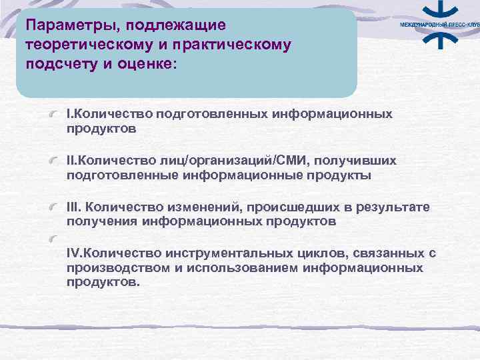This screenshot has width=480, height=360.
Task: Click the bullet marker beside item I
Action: coord(59,115)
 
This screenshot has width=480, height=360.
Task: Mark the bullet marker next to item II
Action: coord(59,161)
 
